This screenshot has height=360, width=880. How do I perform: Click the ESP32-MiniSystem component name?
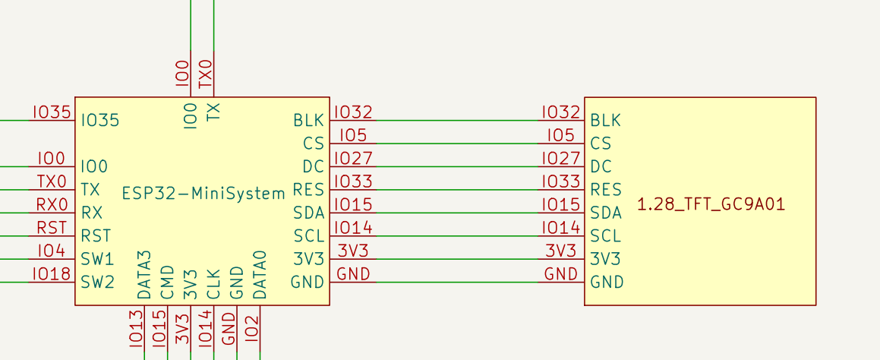pos(203,193)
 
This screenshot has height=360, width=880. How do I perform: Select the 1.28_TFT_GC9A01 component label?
pos(711,204)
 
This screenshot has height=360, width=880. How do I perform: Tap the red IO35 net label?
pos(52,112)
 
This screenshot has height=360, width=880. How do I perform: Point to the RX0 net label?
pos(52,204)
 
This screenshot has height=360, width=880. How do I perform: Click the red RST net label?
pos(52,228)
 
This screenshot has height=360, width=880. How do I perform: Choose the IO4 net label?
pos(52,251)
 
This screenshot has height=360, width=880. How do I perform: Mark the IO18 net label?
pos(52,274)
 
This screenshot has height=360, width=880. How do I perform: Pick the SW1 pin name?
pos(97,259)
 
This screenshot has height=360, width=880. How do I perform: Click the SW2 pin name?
pos(97,283)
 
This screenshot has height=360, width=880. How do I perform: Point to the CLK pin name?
pos(214,283)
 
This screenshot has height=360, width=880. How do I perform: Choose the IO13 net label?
pos(137,328)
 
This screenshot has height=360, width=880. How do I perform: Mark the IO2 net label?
pos(253,328)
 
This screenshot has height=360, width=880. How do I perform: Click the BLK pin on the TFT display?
pos(605,120)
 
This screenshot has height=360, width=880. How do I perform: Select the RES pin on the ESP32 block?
pos(308,190)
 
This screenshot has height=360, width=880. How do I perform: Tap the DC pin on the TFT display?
pos(601,166)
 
